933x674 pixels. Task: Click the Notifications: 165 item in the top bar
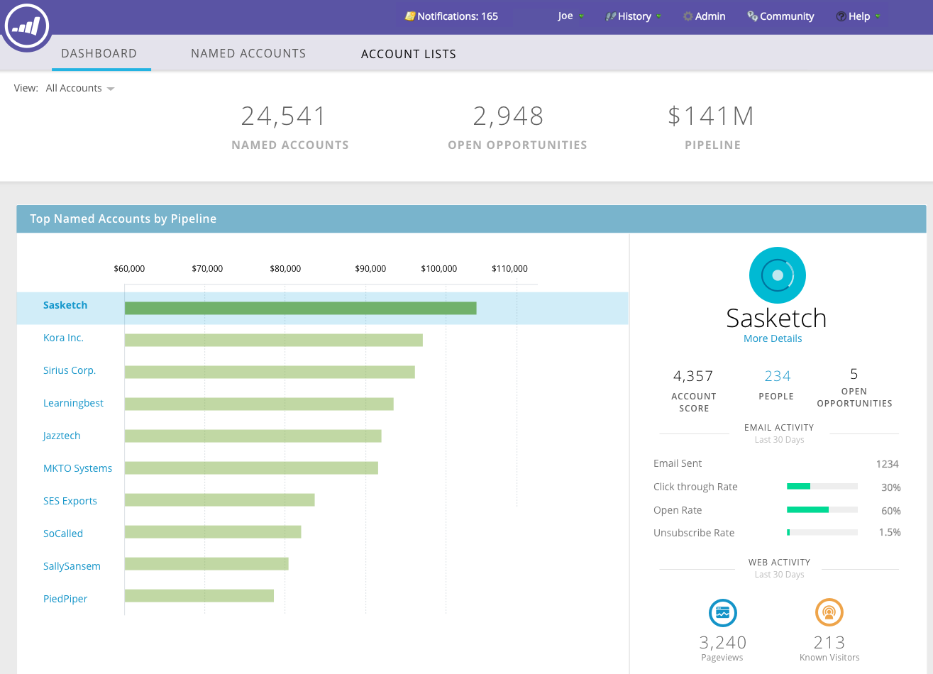tap(451, 16)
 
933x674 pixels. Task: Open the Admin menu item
tap(704, 16)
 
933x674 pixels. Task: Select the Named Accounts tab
tap(248, 53)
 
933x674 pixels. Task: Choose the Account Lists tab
tap(409, 54)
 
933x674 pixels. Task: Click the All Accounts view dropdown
tap(79, 88)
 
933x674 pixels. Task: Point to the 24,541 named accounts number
tap(283, 116)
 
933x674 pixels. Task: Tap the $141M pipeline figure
tap(711, 116)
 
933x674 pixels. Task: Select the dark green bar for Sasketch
tap(300, 308)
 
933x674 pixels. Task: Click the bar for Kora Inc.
tap(273, 341)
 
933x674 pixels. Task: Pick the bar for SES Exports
tap(219, 500)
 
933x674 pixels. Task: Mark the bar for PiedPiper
tap(199, 596)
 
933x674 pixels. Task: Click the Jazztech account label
tap(62, 436)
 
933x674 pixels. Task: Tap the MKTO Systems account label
tap(77, 468)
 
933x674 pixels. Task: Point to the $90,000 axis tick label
tap(370, 269)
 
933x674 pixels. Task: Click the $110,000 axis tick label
tap(509, 269)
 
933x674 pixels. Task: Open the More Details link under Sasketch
tap(773, 338)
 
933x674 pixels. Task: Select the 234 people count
tap(778, 376)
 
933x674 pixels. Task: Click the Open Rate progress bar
tap(822, 509)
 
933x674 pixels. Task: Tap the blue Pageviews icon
tap(723, 613)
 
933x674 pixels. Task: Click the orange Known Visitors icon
tap(829, 613)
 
